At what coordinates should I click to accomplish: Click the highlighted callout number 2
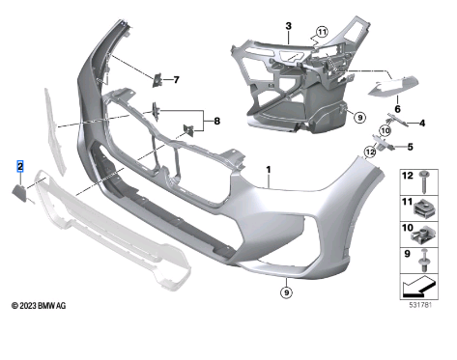click(x=20, y=166)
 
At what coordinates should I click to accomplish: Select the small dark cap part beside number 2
click(x=19, y=193)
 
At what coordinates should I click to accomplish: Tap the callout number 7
click(x=176, y=79)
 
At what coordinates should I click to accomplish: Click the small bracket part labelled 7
click(x=157, y=80)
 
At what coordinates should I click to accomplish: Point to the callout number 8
click(x=216, y=121)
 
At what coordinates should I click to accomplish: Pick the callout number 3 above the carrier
click(x=288, y=26)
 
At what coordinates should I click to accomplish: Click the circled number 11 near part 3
click(x=322, y=32)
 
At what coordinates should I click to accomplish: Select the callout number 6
click(x=397, y=109)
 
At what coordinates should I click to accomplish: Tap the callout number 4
click(x=421, y=123)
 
